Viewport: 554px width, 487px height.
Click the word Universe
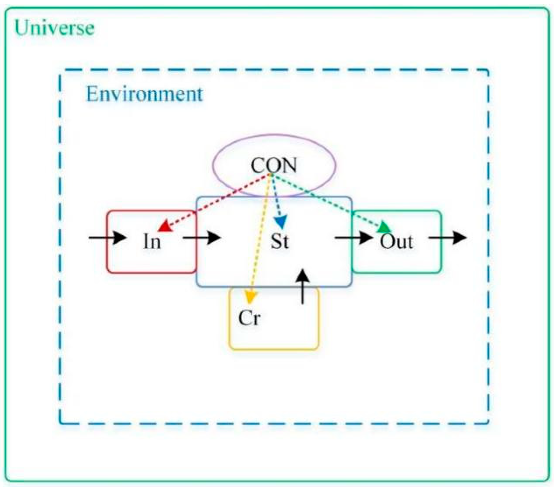click(x=54, y=28)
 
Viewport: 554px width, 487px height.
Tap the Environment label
click(x=144, y=94)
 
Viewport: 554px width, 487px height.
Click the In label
click(x=152, y=242)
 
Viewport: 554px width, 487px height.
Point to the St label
click(x=279, y=242)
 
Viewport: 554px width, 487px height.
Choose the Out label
click(x=396, y=242)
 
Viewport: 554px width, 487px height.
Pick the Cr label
click(x=249, y=318)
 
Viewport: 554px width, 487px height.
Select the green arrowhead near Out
click(x=384, y=228)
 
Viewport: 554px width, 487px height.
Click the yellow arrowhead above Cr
click(x=250, y=297)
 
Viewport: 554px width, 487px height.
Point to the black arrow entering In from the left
click(x=107, y=238)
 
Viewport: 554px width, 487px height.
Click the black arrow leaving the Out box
click(x=447, y=238)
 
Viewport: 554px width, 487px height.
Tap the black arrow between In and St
click(x=202, y=238)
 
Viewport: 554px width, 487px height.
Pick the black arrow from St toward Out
click(x=353, y=238)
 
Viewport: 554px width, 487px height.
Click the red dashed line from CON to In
click(x=219, y=200)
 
